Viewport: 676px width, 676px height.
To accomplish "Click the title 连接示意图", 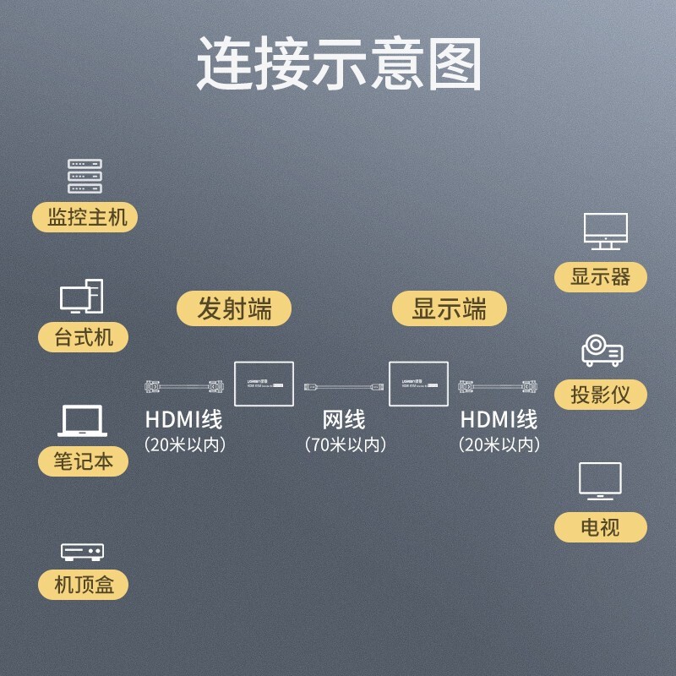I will click(338, 64).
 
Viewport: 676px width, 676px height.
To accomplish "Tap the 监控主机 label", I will click(84, 217).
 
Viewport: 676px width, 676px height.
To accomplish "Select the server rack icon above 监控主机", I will click(84, 176).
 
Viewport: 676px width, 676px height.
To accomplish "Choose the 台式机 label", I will click(84, 338).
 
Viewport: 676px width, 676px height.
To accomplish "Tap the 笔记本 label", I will click(84, 461).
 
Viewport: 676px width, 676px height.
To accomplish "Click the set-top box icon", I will click(82, 553).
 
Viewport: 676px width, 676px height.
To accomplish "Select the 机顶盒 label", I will click(84, 584).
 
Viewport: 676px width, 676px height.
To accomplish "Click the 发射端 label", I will click(234, 308).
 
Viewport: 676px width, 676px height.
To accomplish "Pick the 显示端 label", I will click(450, 308).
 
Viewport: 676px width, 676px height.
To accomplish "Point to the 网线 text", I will click(344, 419).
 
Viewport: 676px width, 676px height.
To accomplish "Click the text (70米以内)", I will click(345, 444).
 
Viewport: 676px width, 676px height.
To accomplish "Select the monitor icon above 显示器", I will click(605, 231).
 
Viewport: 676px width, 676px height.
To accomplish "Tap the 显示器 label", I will click(601, 276).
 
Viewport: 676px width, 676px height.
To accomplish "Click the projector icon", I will click(602, 351).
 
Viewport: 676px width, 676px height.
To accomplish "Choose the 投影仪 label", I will click(601, 394).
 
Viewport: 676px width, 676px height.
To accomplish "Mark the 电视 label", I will click(601, 527).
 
